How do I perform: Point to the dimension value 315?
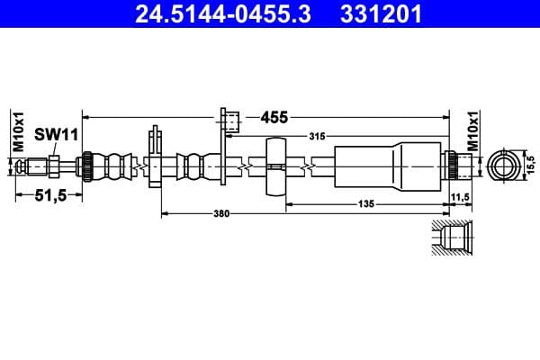coord(316,136)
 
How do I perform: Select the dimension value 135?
coord(365,204)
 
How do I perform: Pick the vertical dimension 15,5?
coord(531,165)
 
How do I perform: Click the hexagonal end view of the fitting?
coord(502,166)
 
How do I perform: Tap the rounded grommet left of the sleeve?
coord(276,166)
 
